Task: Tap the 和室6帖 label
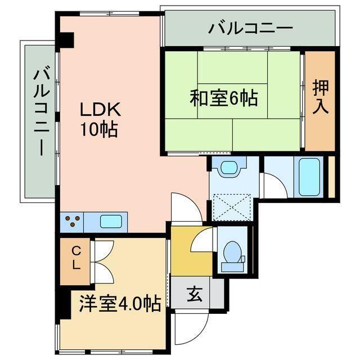(x=223, y=99)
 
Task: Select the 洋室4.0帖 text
(x=119, y=304)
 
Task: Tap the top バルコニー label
(x=250, y=28)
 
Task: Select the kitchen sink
(x=111, y=221)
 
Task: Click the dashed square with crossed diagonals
(x=229, y=206)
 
